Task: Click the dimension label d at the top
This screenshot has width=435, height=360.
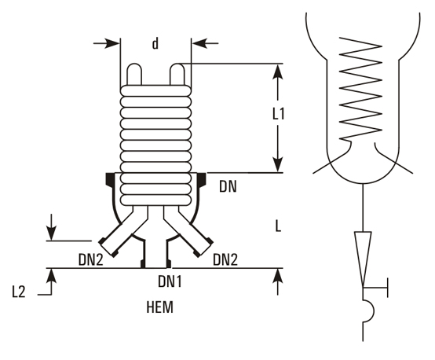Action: pos(155,45)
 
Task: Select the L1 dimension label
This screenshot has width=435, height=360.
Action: pos(277,114)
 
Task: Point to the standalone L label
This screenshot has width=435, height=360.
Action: pos(278,226)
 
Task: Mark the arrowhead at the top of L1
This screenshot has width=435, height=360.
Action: pos(277,69)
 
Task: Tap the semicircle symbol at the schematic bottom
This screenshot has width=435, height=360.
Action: pos(366,312)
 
